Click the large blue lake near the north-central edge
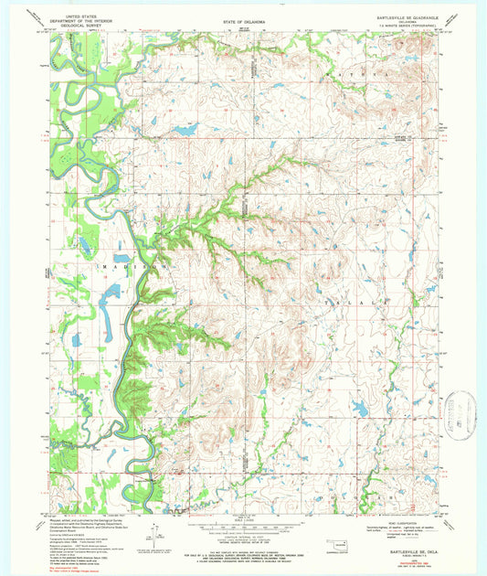(186, 131)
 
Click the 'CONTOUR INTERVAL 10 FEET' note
(243, 536)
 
